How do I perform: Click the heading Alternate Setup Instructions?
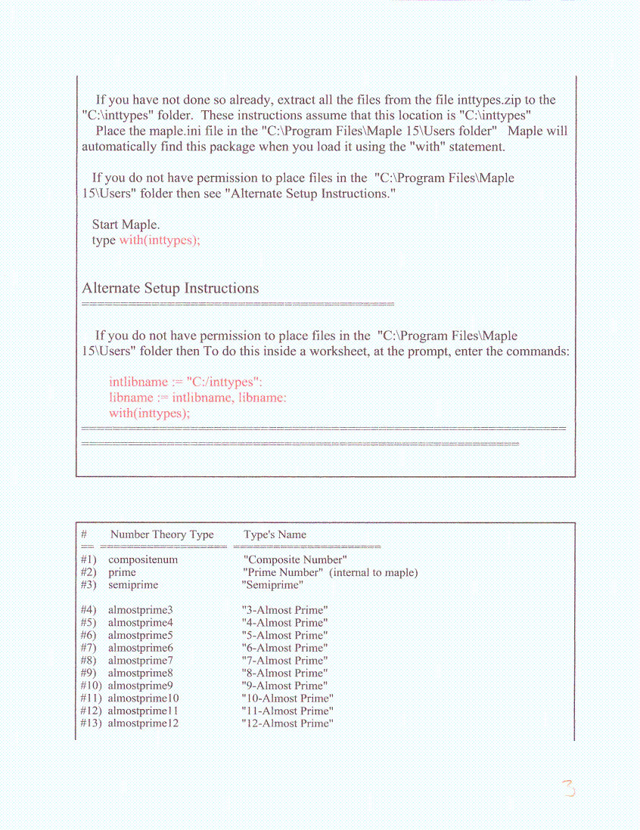170,288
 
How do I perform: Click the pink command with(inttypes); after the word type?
160,240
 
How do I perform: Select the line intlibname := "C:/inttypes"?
185,382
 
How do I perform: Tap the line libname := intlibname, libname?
197,398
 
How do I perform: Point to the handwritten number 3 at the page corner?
568,789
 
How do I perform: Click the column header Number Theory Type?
162,534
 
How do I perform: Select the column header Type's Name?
275,534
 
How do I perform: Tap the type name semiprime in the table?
133,585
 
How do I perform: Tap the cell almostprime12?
143,723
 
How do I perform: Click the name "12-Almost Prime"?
287,723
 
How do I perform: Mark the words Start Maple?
126,225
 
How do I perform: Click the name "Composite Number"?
295,560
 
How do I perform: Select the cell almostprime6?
141,648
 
